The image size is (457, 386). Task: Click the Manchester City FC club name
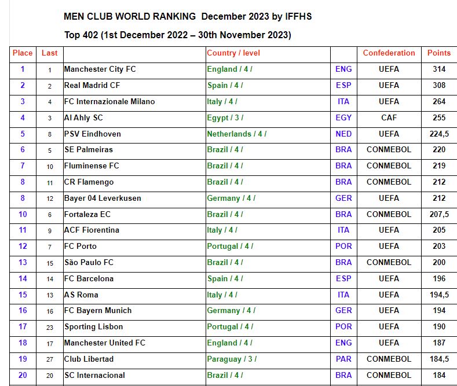click(x=100, y=69)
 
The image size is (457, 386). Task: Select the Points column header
click(x=438, y=53)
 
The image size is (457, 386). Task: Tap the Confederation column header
click(x=389, y=53)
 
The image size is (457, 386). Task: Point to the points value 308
click(x=438, y=86)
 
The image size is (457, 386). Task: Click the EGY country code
click(x=343, y=117)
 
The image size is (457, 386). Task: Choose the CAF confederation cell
click(x=389, y=117)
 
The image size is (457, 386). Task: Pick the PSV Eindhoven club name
click(x=93, y=134)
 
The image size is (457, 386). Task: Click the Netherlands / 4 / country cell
click(x=236, y=134)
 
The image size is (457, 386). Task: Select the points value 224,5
click(x=438, y=134)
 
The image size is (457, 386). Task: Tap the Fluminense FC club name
click(x=92, y=166)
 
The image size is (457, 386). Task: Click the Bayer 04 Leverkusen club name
click(x=103, y=198)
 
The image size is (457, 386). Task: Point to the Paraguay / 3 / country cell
click(x=232, y=359)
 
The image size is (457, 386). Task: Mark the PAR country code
click(x=343, y=359)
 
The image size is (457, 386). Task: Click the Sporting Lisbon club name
click(x=93, y=327)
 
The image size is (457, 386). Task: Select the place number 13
click(x=23, y=262)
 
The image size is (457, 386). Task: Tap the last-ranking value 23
click(x=50, y=327)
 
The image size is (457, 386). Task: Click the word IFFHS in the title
click(x=298, y=16)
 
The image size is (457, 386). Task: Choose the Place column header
click(x=23, y=53)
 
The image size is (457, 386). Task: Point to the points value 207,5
click(x=438, y=214)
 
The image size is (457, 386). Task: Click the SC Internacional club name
click(x=94, y=375)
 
